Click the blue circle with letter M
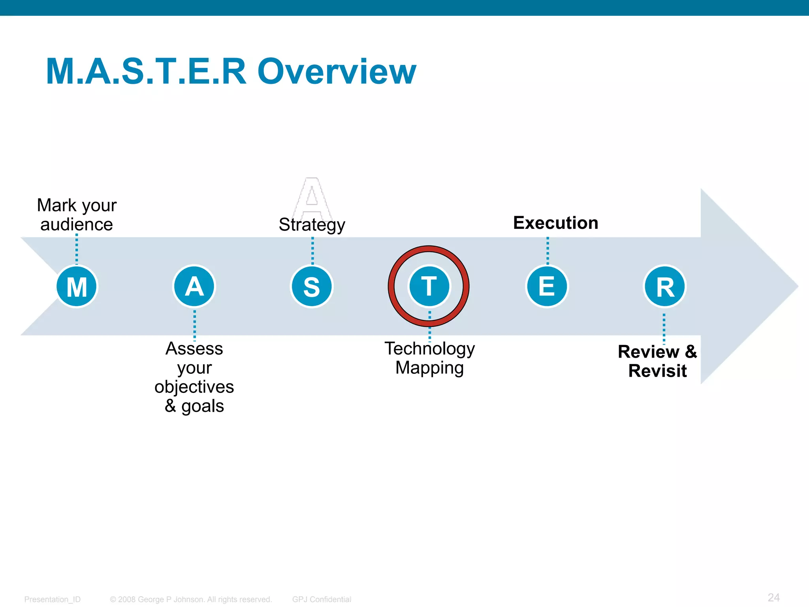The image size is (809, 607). pyautogui.click(x=77, y=287)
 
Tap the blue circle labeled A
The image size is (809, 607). pyautogui.click(x=194, y=287)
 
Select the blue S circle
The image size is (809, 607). pyautogui.click(x=312, y=287)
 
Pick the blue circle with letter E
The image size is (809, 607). pyautogui.click(x=547, y=287)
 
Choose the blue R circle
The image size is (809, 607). pyautogui.click(x=665, y=287)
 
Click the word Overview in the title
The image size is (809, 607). pyautogui.click(x=337, y=72)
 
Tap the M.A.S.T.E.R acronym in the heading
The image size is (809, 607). pyautogui.click(x=146, y=72)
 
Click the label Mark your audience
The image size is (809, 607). pyautogui.click(x=77, y=215)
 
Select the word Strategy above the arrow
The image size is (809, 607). pyautogui.click(x=312, y=225)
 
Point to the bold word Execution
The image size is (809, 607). pyautogui.click(x=555, y=223)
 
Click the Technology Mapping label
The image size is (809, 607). pyautogui.click(x=429, y=358)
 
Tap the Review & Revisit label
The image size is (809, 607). pyautogui.click(x=657, y=361)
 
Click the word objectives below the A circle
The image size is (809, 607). pyautogui.click(x=194, y=387)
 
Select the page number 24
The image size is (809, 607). pyautogui.click(x=773, y=598)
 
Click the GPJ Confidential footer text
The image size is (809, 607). pyautogui.click(x=322, y=599)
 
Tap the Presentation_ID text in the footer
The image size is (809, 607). pyautogui.click(x=52, y=599)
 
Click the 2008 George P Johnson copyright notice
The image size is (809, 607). pyautogui.click(x=191, y=599)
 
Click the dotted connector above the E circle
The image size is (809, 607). pyautogui.click(x=547, y=251)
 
